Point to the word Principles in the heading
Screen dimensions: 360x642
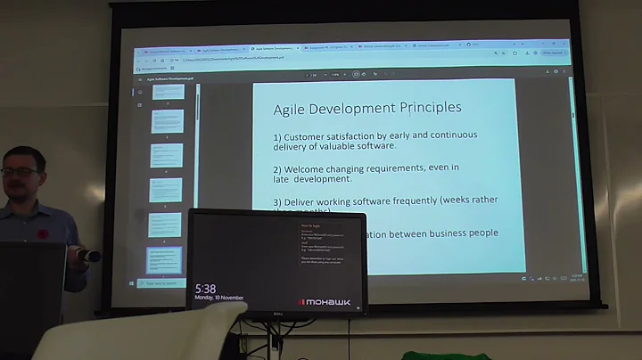[x=424, y=108]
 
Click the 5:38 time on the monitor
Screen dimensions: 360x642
[x=205, y=289]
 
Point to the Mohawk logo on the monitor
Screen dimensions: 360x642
[x=326, y=302]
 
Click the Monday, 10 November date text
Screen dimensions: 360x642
[x=219, y=299]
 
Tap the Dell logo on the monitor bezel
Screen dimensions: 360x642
[x=277, y=312]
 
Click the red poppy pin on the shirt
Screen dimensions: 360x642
[x=42, y=233]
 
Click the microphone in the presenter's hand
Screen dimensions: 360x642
[x=88, y=256]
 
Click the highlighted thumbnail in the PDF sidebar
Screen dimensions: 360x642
[x=164, y=259]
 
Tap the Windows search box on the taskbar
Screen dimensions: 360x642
[x=160, y=283]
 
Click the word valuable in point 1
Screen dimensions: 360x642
[x=351, y=147]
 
